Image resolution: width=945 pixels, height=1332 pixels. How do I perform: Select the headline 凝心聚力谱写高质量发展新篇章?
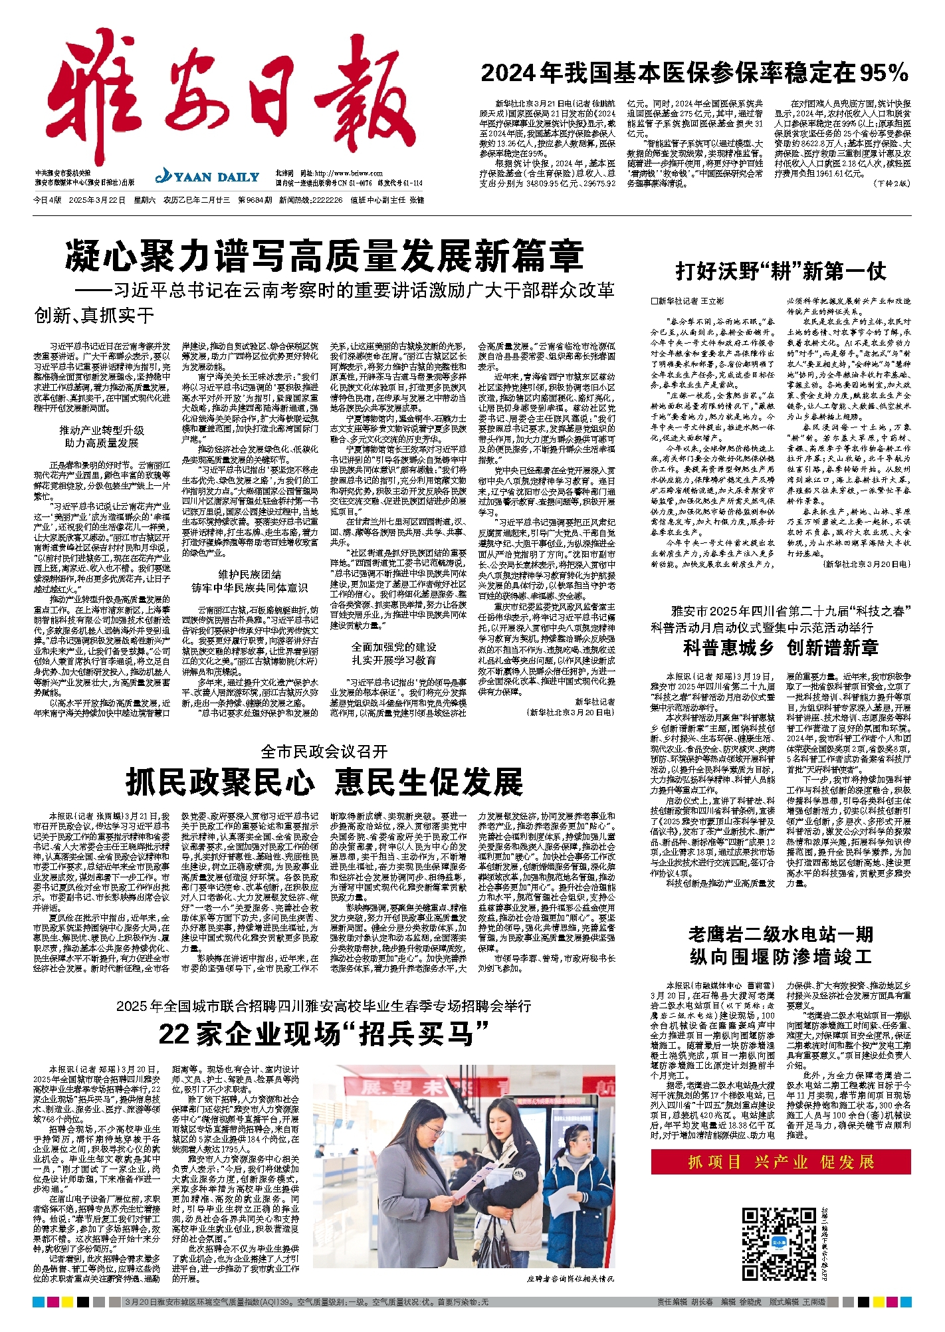coord(324,256)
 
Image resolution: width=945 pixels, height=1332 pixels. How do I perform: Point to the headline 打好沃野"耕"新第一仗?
coord(780,271)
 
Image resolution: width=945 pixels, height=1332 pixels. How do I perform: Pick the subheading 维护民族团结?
coord(249,574)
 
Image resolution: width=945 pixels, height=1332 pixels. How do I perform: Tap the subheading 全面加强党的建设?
coord(394,647)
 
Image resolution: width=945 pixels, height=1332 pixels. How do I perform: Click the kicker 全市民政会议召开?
coord(324,752)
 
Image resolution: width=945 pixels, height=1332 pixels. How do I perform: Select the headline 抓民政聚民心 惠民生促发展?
coord(324,782)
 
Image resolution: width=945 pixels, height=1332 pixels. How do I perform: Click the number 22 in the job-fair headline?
coord(174,1034)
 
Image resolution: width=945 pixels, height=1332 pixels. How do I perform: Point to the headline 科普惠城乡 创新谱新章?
coord(780,648)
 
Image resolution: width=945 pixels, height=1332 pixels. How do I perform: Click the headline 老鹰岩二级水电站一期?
coord(780,935)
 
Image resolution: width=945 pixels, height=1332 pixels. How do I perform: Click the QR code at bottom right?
coord(778,1244)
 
